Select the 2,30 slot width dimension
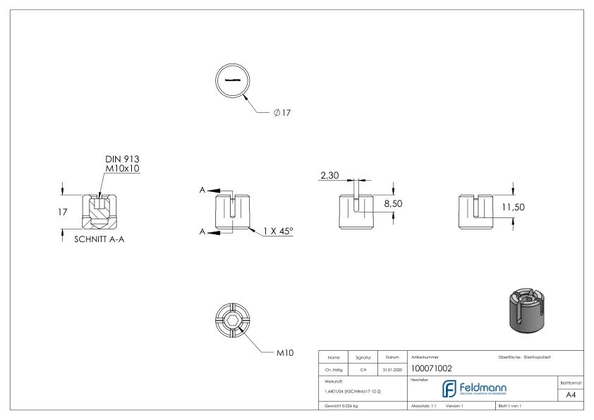coord(329,176)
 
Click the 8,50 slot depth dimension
coord(393,203)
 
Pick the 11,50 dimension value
coord(513,207)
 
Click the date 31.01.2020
coord(392,368)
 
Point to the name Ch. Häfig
coord(335,368)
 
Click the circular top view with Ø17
coord(233,80)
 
